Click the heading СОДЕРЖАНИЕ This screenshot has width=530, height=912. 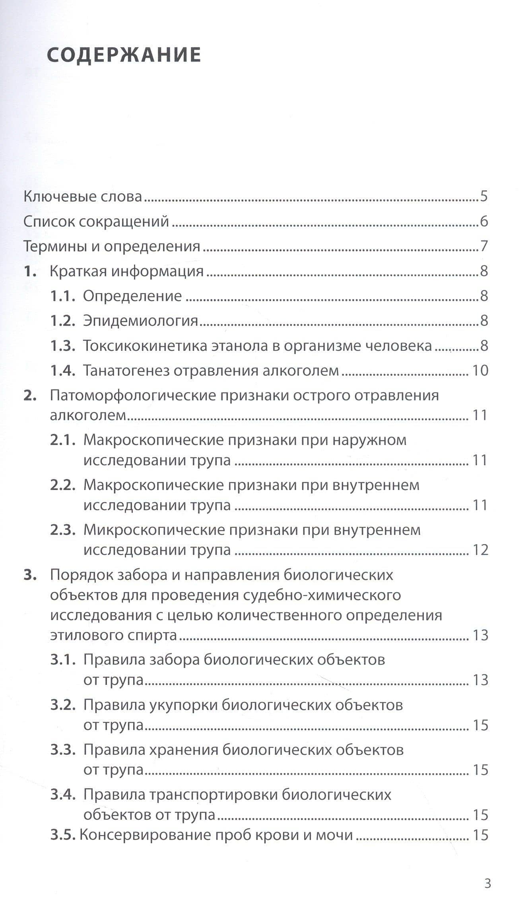coord(124,55)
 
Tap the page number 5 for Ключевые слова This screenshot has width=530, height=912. coord(483,196)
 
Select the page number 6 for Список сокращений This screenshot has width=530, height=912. coord(483,222)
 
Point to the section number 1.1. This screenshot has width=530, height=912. coord(62,296)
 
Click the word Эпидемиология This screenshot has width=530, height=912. coord(140,321)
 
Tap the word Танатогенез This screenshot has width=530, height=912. coord(126,371)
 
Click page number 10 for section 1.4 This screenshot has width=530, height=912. coord(480,371)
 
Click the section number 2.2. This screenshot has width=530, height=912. coord(62,485)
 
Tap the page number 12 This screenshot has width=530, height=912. coord(480,550)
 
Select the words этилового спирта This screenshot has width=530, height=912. coord(114,635)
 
